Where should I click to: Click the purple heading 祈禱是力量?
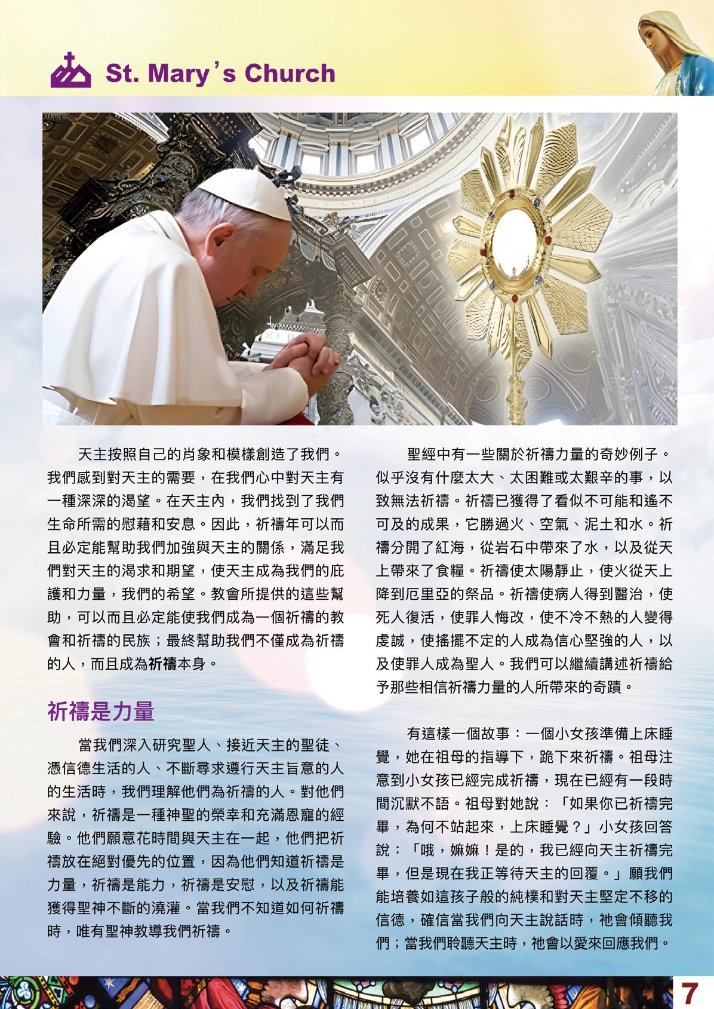tap(100, 711)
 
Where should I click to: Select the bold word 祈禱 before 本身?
tap(162, 663)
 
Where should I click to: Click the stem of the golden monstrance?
tap(515, 382)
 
